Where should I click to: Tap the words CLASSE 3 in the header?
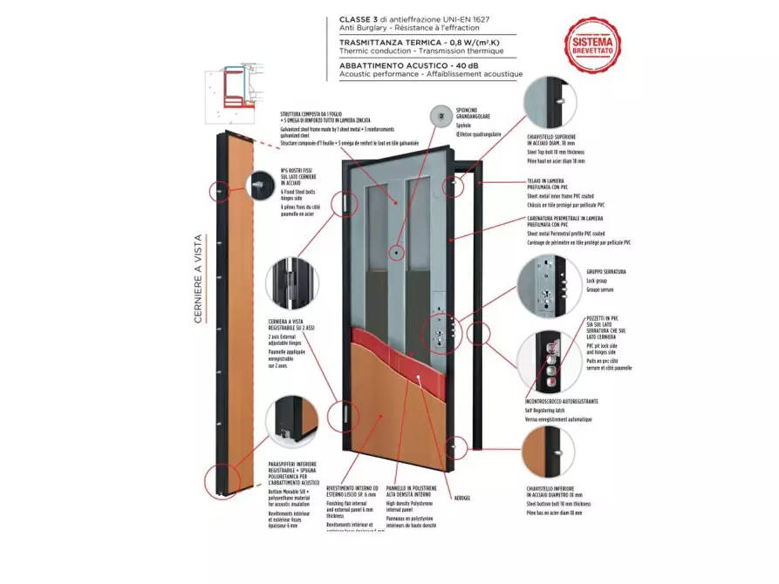pyautogui.click(x=360, y=17)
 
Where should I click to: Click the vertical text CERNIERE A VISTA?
pyautogui.click(x=198, y=279)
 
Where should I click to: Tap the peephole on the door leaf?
pyautogui.click(x=396, y=252)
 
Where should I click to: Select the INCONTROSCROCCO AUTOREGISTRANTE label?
pyautogui.click(x=561, y=402)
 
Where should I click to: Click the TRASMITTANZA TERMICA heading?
pyautogui.click(x=407, y=41)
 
